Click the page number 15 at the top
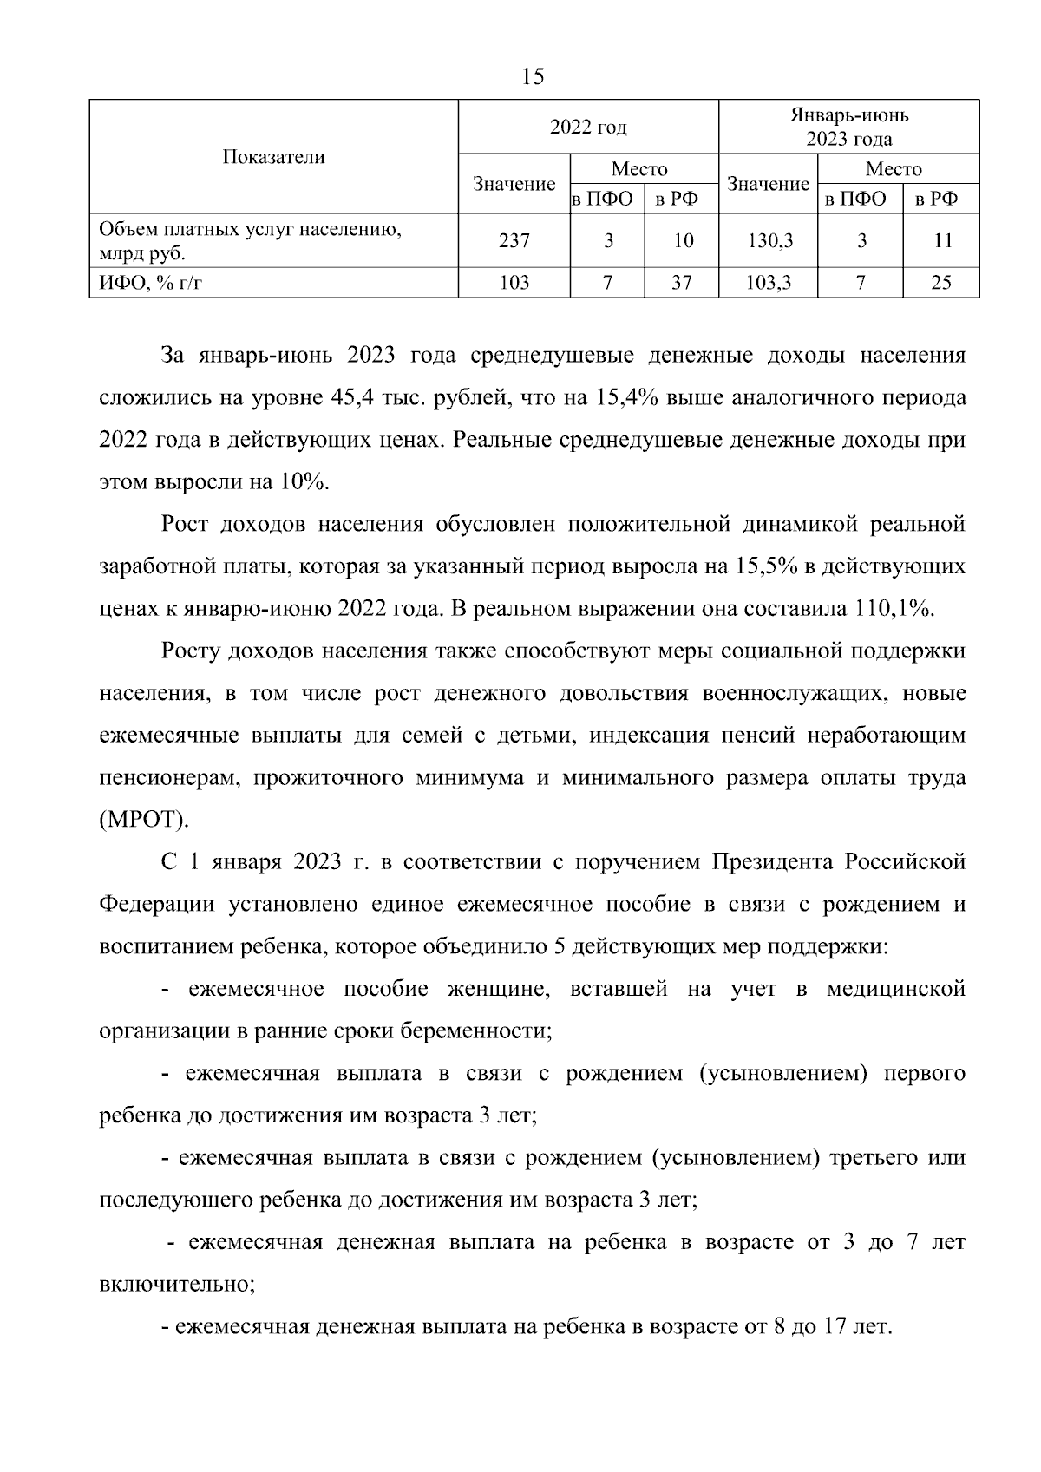coord(534,77)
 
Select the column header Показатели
coord(273,157)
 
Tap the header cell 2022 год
coord(588,128)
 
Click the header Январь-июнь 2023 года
coord(848,127)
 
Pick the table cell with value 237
coord(514,241)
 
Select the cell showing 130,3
coord(769,241)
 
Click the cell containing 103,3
coord(769,282)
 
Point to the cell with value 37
coord(682,282)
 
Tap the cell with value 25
coord(940,282)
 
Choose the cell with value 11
coord(940,241)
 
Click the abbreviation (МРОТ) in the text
coord(143,820)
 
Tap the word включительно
coord(177,1285)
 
